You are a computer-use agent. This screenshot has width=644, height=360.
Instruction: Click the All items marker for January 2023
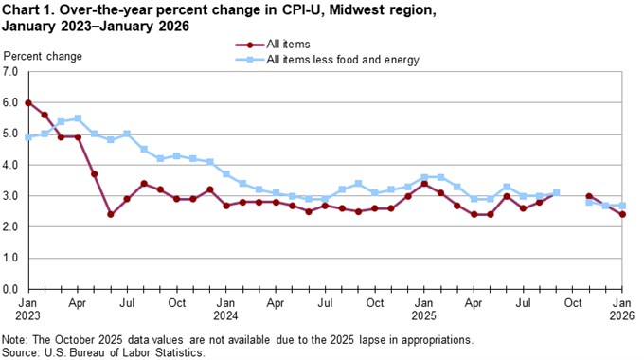coord(28,102)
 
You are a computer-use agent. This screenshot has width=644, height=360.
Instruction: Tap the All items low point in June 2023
coord(111,214)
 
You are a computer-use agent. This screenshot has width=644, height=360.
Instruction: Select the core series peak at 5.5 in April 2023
coord(78,118)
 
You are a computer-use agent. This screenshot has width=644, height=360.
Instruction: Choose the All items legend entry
coord(289,45)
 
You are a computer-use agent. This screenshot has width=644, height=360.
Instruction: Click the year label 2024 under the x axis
coord(226,315)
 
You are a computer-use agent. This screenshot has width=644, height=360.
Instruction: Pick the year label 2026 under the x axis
coord(622,315)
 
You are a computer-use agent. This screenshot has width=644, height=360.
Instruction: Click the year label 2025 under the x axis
coord(424,315)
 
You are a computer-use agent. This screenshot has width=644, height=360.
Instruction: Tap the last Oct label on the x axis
coord(572,302)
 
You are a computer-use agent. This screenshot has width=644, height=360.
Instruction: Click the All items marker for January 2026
coord(622,214)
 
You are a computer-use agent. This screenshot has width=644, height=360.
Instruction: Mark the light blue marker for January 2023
coord(28,136)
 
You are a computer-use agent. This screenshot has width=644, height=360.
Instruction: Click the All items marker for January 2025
coord(424,184)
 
